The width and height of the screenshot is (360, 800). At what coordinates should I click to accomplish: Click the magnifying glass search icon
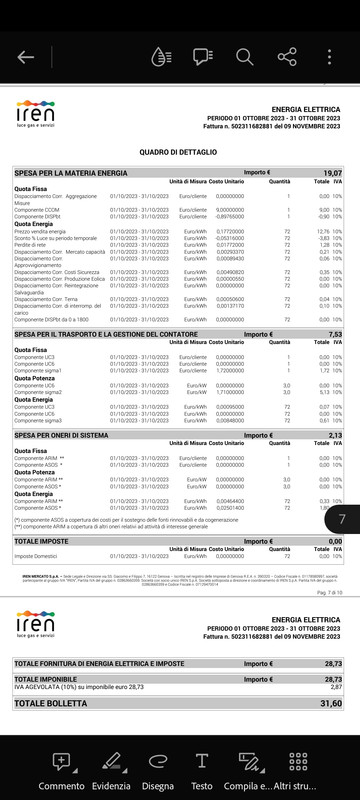245,57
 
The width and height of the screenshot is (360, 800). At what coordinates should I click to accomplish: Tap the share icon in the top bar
288,57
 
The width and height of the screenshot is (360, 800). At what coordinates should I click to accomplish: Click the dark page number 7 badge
342,519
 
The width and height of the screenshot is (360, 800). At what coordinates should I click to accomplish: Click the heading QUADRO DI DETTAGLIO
179,152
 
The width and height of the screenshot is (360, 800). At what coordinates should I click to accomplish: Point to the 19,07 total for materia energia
333,173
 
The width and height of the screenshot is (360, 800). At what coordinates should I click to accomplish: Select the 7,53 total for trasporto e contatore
335,334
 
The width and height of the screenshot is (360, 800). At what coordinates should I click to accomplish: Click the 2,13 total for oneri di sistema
335,436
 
